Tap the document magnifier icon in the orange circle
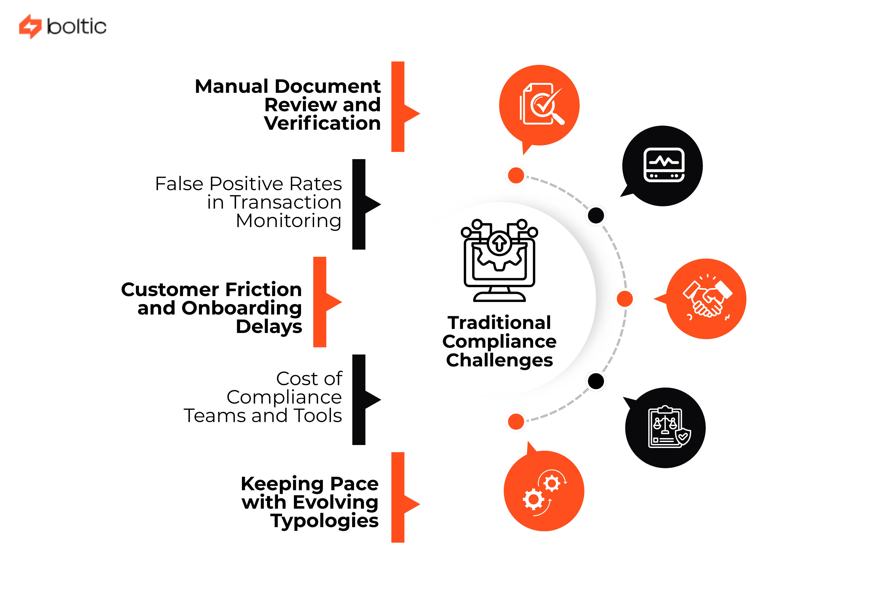pyautogui.click(x=541, y=104)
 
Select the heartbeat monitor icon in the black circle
pyautogui.click(x=664, y=165)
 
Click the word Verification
pyautogui.click(x=322, y=124)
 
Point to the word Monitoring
pyautogui.click(x=288, y=221)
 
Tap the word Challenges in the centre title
pyautogui.click(x=499, y=360)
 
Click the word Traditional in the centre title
pyautogui.click(x=499, y=323)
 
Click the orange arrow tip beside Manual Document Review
pyautogui.click(x=414, y=113)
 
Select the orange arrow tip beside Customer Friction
pyautogui.click(x=335, y=302)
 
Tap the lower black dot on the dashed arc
pyautogui.click(x=596, y=381)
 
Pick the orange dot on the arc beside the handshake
pyautogui.click(x=624, y=299)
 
